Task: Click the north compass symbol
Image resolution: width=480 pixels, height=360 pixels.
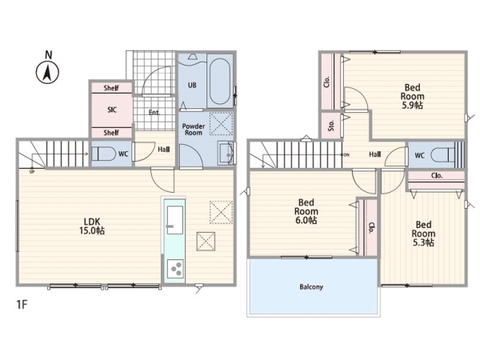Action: pyautogui.click(x=47, y=69)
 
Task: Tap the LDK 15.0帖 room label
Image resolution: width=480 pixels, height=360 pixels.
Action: pyautogui.click(x=92, y=226)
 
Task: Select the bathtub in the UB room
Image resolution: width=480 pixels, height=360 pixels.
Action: pyautogui.click(x=220, y=81)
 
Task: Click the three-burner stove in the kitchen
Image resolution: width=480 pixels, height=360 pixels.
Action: pyautogui.click(x=175, y=269)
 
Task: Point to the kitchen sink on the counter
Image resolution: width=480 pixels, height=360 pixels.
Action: pyautogui.click(x=175, y=220)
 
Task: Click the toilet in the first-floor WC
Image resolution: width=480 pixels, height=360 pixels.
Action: pyautogui.click(x=103, y=154)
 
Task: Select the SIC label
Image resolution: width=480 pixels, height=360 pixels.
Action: pyautogui.click(x=112, y=110)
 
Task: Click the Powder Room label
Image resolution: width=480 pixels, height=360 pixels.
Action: pyautogui.click(x=194, y=130)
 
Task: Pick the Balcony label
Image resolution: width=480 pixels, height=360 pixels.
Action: pyautogui.click(x=311, y=287)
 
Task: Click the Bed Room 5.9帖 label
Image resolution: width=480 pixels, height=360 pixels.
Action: pyautogui.click(x=412, y=97)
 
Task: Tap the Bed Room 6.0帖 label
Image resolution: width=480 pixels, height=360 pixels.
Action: pyautogui.click(x=306, y=211)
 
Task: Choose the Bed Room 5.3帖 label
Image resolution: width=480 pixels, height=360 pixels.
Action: pyautogui.click(x=423, y=234)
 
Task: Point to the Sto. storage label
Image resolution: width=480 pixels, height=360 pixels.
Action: pyautogui.click(x=331, y=126)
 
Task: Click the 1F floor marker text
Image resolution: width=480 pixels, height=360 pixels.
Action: pyautogui.click(x=22, y=305)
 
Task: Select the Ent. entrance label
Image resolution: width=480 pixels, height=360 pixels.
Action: pyautogui.click(x=154, y=112)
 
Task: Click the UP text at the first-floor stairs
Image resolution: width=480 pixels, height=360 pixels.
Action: pyautogui.click(x=32, y=172)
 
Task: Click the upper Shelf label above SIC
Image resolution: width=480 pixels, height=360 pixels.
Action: pyautogui.click(x=111, y=88)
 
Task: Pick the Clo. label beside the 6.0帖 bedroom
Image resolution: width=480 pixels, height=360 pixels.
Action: pyautogui.click(x=371, y=228)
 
